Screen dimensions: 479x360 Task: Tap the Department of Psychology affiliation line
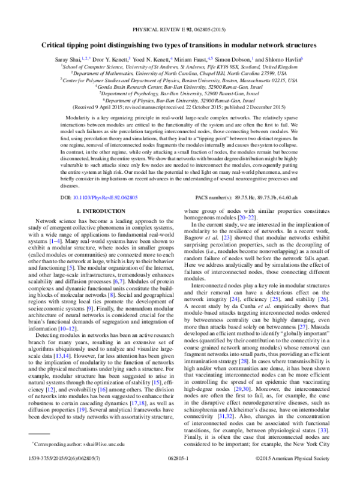pos(180,94)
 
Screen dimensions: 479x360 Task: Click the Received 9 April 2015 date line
pos(180,108)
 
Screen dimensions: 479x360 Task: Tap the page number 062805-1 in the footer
pos(180,473)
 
